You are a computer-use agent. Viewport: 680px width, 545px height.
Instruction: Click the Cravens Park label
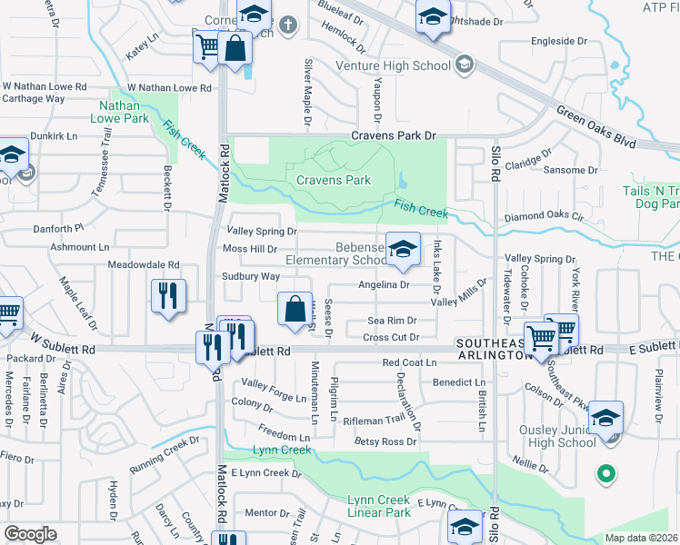coord(333,180)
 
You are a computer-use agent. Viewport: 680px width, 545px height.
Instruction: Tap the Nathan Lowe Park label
coord(124,112)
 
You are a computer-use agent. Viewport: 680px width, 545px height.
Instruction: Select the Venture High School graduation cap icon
coord(465,63)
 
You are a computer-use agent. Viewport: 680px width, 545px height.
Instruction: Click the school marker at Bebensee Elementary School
coord(402,248)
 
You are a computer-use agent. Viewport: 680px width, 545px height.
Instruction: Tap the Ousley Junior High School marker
coord(605,417)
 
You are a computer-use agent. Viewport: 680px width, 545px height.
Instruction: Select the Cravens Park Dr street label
coord(395,136)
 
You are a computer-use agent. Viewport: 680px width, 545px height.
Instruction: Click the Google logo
coord(30,534)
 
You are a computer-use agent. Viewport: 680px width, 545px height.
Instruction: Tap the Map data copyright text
coord(641,538)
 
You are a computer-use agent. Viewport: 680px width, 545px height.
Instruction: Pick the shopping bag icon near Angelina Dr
coord(295,309)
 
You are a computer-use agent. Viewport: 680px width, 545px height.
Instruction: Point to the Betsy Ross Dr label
coord(385,441)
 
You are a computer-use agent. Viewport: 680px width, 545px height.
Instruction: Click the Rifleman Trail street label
coord(373,421)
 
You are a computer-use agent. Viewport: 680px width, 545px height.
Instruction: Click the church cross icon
coord(288,25)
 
